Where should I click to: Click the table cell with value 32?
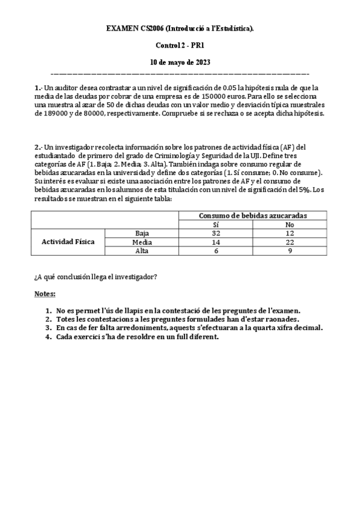pyautogui.click(x=216, y=233)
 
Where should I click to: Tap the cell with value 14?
pyautogui.click(x=216, y=242)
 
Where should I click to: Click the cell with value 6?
pyautogui.click(x=216, y=251)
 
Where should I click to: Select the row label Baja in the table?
pyautogui.click(x=142, y=233)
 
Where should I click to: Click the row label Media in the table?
pyautogui.click(x=142, y=242)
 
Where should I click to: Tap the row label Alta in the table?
pyautogui.click(x=142, y=251)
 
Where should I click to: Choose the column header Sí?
pyautogui.click(x=216, y=224)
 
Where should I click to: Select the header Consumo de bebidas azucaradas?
pyautogui.click(x=253, y=215)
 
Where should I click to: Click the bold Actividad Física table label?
pyautogui.click(x=68, y=242)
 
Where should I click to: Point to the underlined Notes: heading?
pyautogui.click(x=45, y=294)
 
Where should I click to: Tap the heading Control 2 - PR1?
pyautogui.click(x=180, y=45)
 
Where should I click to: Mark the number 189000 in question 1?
pyautogui.click(x=58, y=113)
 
